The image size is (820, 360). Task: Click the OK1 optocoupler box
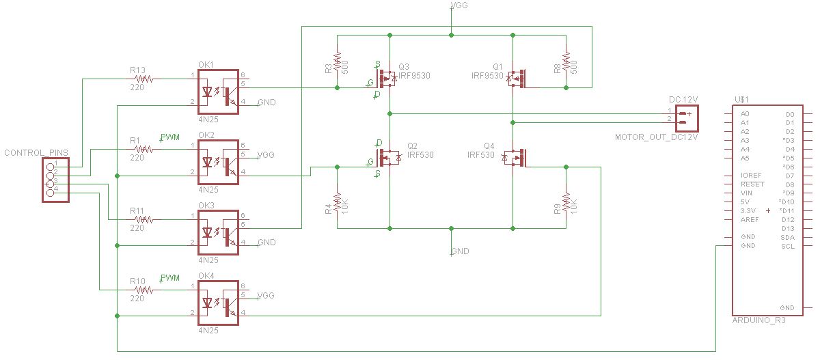pyautogui.click(x=218, y=92)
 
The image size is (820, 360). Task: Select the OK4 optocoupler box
pyautogui.click(x=218, y=302)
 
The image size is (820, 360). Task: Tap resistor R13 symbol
pyautogui.click(x=144, y=79)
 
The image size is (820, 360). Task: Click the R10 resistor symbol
pyautogui.click(x=144, y=290)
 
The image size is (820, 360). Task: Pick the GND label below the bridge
pyautogui.click(x=460, y=251)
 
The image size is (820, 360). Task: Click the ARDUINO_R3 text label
pyautogui.click(x=758, y=319)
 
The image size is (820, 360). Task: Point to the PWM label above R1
pyautogui.click(x=169, y=137)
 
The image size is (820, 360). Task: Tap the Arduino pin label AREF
pyautogui.click(x=750, y=220)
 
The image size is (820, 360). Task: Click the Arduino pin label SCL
pyautogui.click(x=787, y=246)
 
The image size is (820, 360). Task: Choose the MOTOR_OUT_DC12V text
pyautogui.click(x=656, y=137)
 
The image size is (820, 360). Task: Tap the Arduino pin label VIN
pyautogui.click(x=746, y=193)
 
